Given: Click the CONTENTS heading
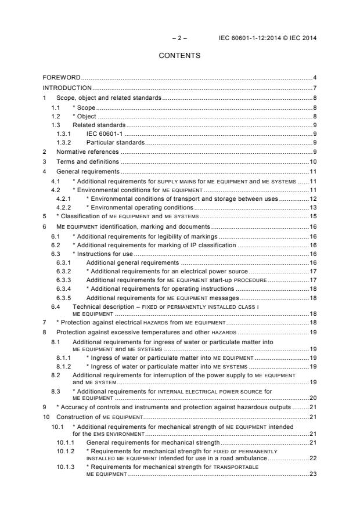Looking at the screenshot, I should [x=179, y=56].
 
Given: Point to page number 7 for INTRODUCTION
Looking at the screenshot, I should [x=314, y=88].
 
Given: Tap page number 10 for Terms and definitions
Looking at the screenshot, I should [x=312, y=162].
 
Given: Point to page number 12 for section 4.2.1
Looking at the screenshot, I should [x=312, y=198].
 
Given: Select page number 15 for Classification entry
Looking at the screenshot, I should [x=312, y=216].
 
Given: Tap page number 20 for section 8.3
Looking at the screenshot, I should [x=312, y=399].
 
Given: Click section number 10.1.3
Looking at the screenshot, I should [x=65, y=467].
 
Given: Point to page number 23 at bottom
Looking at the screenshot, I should [x=312, y=474].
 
